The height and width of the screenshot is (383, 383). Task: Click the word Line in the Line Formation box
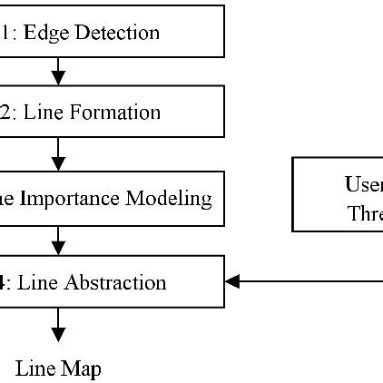click(x=40, y=113)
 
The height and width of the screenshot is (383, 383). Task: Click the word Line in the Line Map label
click(x=37, y=368)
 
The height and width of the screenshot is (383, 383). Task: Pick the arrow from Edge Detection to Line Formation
click(x=58, y=72)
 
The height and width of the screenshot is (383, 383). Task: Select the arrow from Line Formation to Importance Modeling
click(x=58, y=154)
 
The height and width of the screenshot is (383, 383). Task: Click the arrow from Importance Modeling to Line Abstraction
click(x=58, y=241)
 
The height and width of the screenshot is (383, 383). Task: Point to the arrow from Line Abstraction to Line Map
click(x=58, y=325)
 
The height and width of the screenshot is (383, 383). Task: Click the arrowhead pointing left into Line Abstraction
click(x=232, y=281)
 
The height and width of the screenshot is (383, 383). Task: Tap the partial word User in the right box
click(x=363, y=184)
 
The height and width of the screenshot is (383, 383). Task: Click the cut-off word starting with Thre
click(x=365, y=214)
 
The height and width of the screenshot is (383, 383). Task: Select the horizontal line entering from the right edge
click(x=309, y=281)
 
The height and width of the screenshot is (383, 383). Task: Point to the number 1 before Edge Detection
click(x=5, y=33)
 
